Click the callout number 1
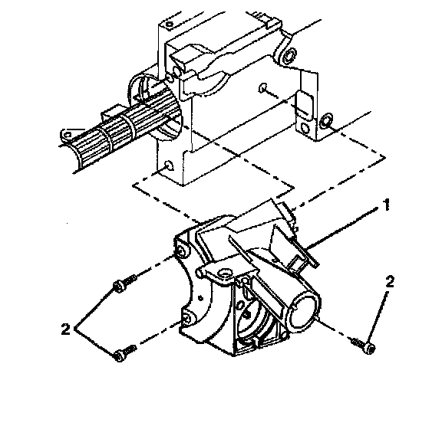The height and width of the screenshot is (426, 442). coord(387,205)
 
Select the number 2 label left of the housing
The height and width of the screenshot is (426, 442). coord(66,329)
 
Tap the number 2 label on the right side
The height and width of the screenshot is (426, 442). coord(390,282)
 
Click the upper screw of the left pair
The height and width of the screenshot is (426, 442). coord(124,283)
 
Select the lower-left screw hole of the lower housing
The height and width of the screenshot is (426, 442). coord(186,318)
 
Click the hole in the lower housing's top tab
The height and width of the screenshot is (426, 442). coord(226,273)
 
